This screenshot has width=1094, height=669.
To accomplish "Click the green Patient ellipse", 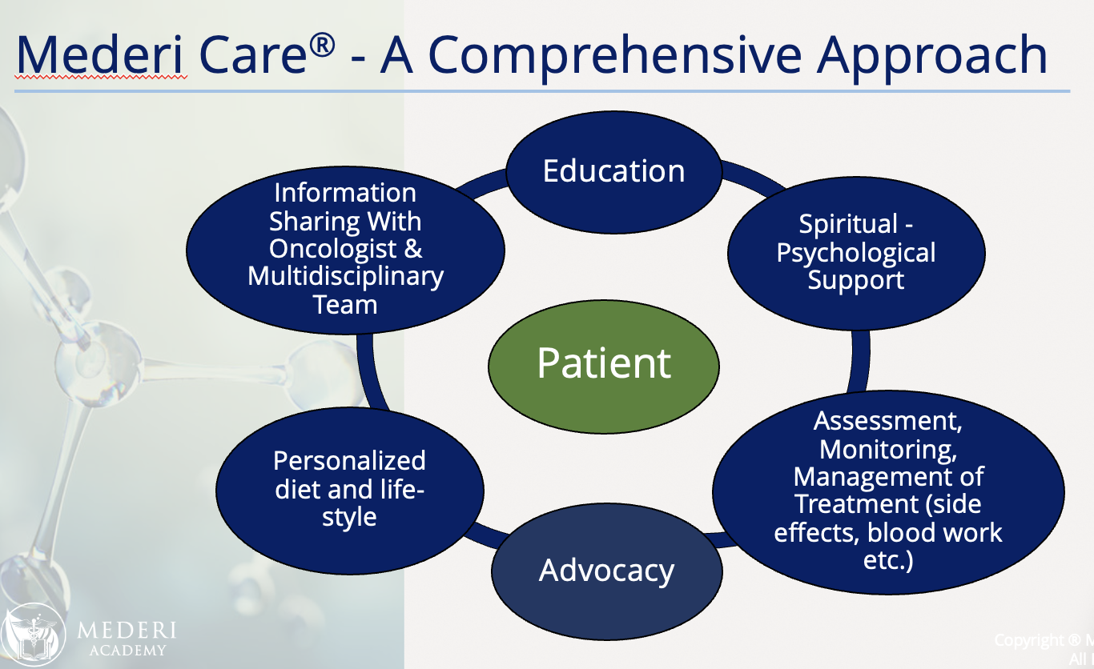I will coord(604,364).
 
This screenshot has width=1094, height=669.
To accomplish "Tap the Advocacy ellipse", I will coord(606,571).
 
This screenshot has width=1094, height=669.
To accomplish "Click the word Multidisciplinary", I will coord(345,277).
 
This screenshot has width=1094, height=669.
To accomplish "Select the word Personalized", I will coord(349,461).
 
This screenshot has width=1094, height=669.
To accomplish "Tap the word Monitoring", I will coord(887,449).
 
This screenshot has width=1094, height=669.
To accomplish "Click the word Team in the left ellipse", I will coord(345,305).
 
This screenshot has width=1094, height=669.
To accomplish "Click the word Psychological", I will coord(856,253).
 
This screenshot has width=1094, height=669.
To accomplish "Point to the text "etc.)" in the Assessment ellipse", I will coord(887,560).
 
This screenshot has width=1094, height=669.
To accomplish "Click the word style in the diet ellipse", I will coord(349,517).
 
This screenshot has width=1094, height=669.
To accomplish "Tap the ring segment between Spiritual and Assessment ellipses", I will coord(860,352).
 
